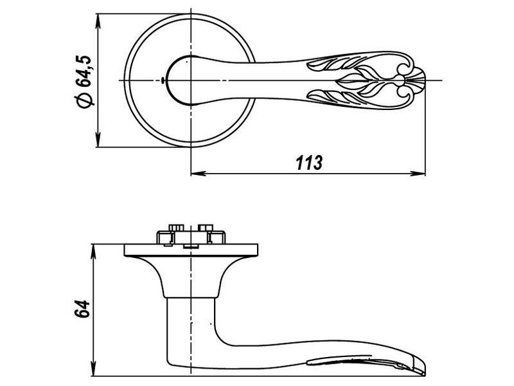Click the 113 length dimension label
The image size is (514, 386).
309,163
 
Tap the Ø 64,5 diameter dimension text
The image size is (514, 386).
84,81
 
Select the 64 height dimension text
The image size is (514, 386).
82,309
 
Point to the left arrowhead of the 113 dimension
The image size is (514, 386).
199,173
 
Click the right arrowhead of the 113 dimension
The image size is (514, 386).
418,173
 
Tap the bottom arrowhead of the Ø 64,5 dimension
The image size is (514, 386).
98,140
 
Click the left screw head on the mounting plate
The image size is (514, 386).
176,228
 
